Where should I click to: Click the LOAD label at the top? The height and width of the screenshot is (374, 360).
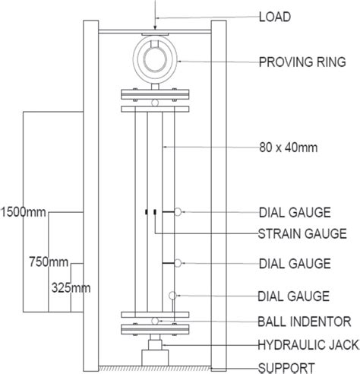275,15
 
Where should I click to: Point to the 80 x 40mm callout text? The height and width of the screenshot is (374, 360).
288,146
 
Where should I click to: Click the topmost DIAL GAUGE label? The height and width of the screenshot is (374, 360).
295,211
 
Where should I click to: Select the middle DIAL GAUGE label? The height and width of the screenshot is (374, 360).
295,263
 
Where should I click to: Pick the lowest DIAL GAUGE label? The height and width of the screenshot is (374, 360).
295,295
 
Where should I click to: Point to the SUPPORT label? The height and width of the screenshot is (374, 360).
288,366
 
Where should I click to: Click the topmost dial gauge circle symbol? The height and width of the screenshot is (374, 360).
178,211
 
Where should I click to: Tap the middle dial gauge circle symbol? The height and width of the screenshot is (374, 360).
178,263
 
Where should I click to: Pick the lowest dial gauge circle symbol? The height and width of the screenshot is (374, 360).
172,295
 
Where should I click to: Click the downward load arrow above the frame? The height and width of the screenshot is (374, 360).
155,17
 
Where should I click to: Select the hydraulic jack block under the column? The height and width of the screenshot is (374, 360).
155,353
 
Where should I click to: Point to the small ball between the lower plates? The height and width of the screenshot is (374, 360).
155,322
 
